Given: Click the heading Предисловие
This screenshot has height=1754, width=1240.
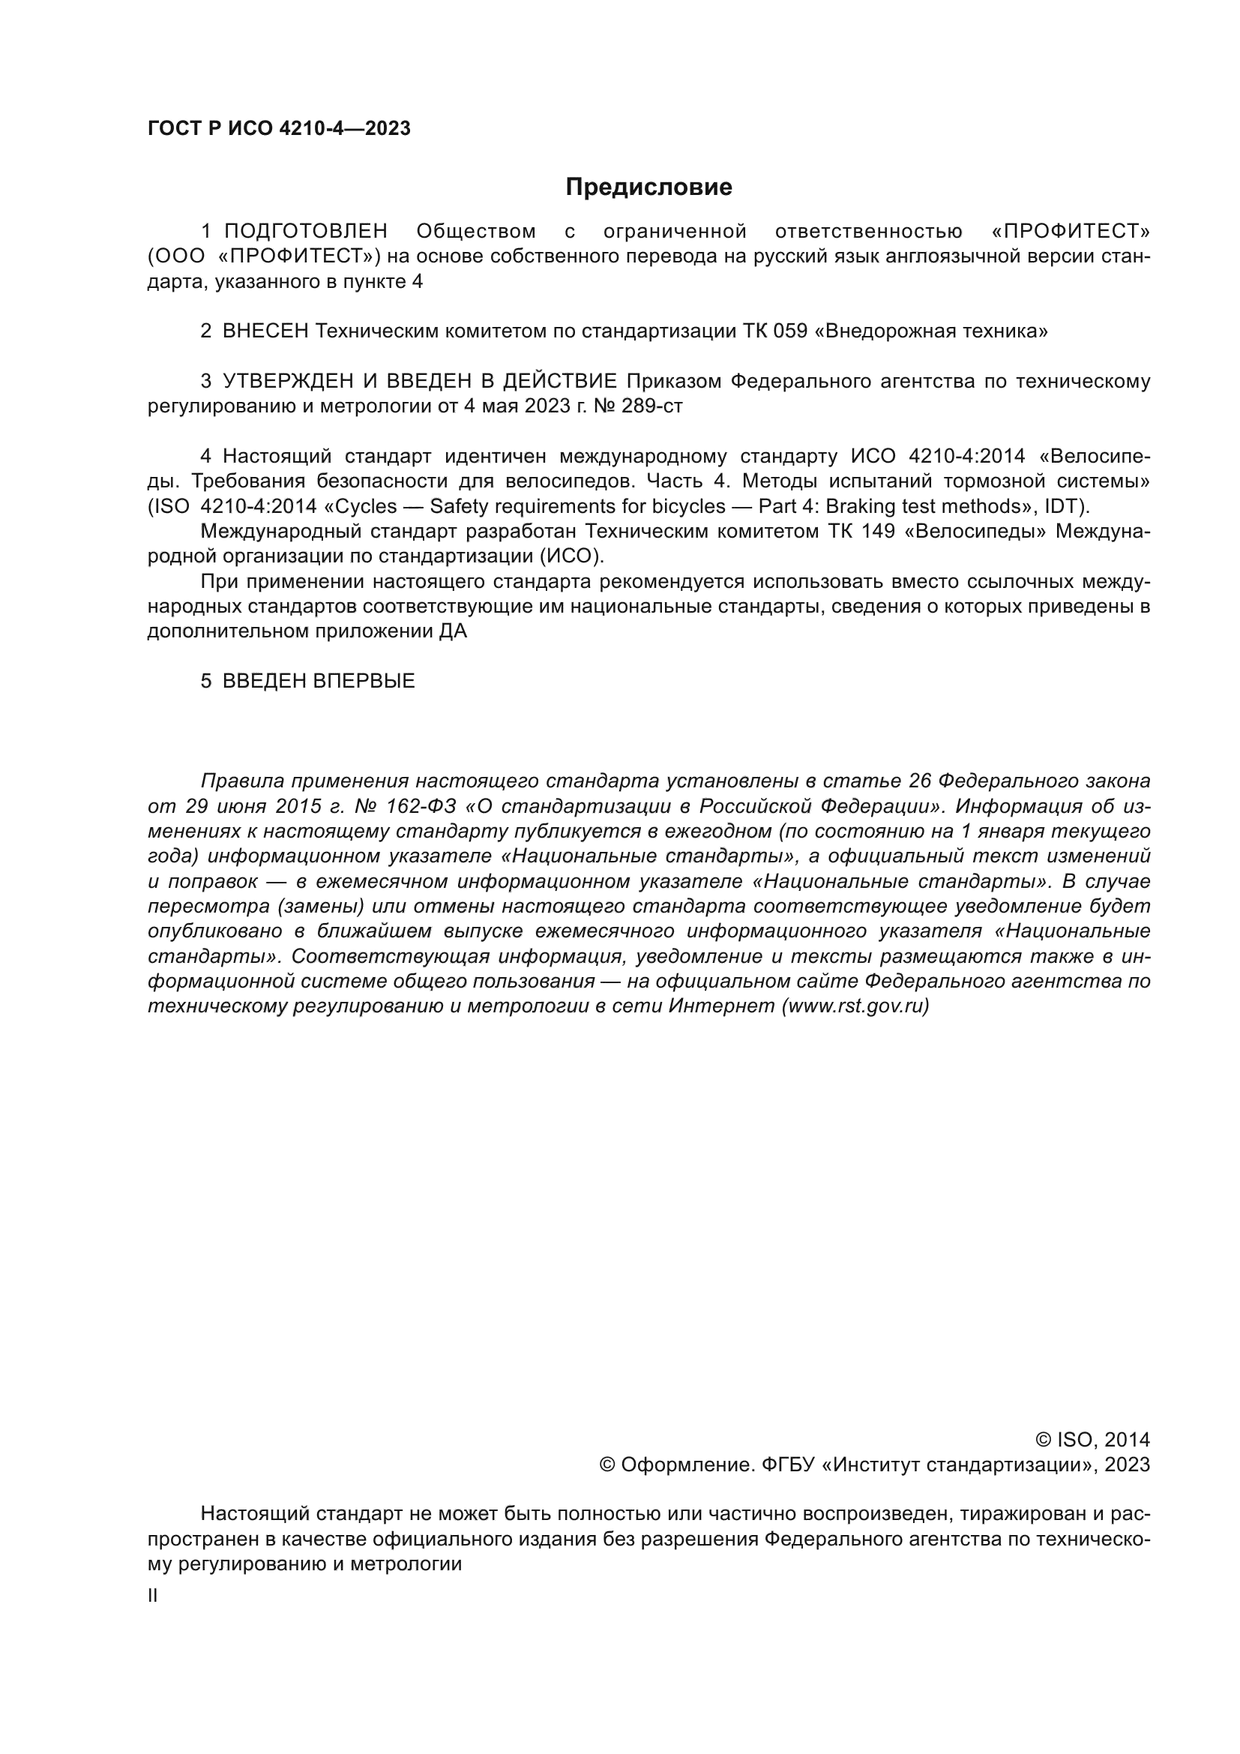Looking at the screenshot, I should (x=648, y=187).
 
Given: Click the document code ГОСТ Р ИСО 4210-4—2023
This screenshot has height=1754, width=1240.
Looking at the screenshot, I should (x=279, y=128).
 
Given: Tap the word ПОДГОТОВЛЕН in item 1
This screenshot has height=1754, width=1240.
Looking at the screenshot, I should (x=305, y=231).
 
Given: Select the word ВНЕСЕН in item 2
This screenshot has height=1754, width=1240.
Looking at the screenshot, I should (x=265, y=331).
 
